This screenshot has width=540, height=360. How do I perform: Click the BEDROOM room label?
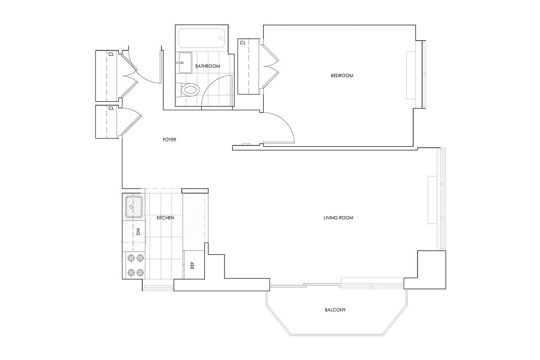(342, 76)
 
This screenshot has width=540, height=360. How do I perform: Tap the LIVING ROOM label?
(338, 218)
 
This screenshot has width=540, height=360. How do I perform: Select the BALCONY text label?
(335, 310)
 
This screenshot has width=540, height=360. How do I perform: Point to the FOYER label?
(170, 140)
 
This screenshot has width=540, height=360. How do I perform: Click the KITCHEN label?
(165, 218)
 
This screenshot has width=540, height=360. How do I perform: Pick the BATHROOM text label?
(207, 66)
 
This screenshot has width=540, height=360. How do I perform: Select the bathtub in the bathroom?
(202, 39)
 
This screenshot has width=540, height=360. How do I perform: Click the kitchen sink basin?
(134, 207)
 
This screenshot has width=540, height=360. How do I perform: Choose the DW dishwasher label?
(138, 232)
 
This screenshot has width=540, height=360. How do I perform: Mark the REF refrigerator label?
(193, 265)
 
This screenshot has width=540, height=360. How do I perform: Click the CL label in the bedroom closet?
(243, 43)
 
